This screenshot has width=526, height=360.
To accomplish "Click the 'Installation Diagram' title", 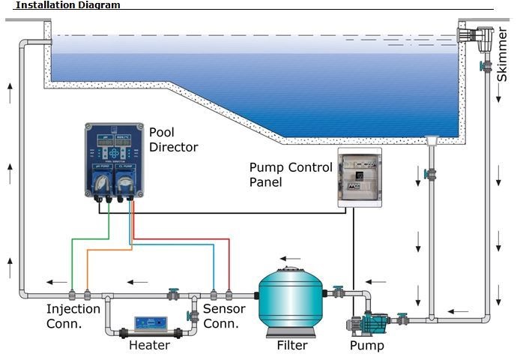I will click(67, 4).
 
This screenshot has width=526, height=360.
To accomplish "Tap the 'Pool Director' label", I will click(173, 139).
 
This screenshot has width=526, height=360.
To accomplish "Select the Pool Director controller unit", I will click(114, 162).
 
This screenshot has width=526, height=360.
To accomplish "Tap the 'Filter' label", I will click(292, 346).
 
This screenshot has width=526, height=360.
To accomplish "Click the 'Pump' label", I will click(367, 346).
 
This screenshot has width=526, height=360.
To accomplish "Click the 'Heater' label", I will click(149, 346).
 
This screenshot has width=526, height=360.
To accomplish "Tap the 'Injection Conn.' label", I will click(73, 316).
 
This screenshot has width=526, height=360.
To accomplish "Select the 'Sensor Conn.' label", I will click(221, 316).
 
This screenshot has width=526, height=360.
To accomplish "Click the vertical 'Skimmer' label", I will click(503, 54).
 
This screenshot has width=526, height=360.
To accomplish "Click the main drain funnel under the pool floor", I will click(431, 141).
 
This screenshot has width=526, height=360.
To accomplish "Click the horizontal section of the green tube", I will click(90, 240).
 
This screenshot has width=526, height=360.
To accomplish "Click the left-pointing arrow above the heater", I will click(136, 283).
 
